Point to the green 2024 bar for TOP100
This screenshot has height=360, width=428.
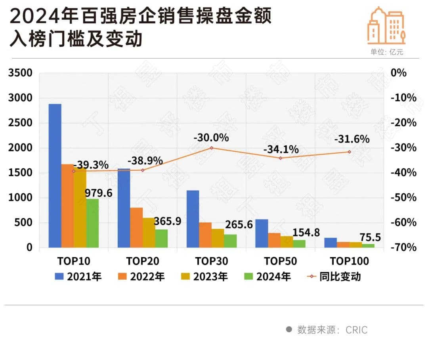pyautogui.click(x=368, y=246)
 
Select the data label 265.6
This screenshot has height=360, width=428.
pyautogui.click(x=239, y=225)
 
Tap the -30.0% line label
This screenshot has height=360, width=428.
pyautogui.click(x=211, y=138)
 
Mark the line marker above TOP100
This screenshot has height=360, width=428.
pyautogui.click(x=349, y=152)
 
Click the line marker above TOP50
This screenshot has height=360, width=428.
pyautogui.click(x=280, y=158)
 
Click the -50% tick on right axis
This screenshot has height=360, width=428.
pyautogui.click(x=403, y=198)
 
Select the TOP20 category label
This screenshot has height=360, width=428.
pyautogui.click(x=143, y=261)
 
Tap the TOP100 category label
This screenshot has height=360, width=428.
pyautogui.click(x=349, y=261)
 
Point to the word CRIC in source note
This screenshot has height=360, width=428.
pyautogui.click(x=356, y=330)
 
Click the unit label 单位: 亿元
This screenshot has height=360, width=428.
pyautogui.click(x=387, y=52)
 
